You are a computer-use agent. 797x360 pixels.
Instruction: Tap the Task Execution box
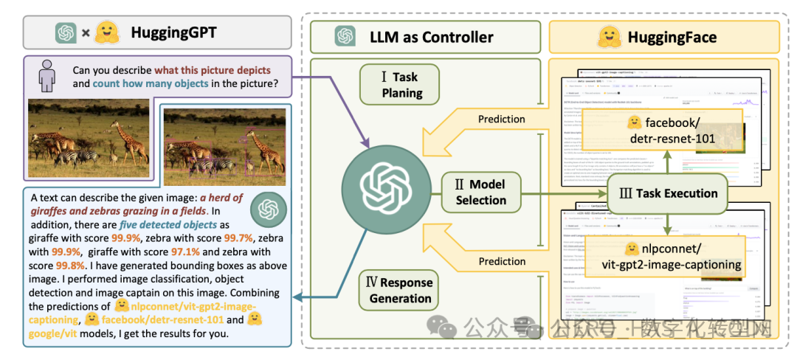pos(665,193)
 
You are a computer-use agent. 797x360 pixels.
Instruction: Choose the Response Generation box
pos(399,289)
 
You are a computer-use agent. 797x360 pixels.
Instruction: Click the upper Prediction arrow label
pos(502,119)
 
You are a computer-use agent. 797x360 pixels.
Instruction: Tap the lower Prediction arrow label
pos(502,261)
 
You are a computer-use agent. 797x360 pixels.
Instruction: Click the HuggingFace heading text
pos(672,36)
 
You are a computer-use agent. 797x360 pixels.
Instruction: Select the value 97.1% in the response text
pos(186,252)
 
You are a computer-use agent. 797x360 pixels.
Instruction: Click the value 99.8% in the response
pos(69,266)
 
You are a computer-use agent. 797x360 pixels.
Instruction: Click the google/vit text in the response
pos(59,333)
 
